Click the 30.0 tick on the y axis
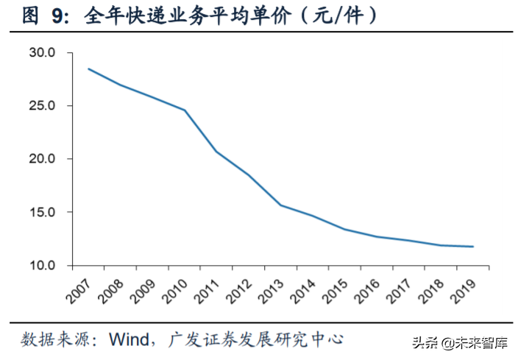tap(43, 53)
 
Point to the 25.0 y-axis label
tap(43, 106)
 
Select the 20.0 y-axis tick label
tap(43, 159)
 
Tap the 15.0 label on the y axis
tap(43, 212)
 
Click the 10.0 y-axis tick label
tap(43, 265)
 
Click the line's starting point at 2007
tap(88, 69)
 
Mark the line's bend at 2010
tap(185, 110)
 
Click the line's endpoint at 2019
tap(473, 247)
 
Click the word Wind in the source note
tap(130, 339)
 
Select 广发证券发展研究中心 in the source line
tap(256, 339)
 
